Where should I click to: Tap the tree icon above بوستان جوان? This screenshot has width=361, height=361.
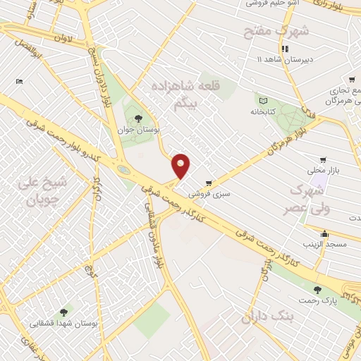[x=137, y=118]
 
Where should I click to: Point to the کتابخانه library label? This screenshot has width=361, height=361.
[x=262, y=111]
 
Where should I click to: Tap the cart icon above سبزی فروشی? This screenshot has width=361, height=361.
[x=208, y=183]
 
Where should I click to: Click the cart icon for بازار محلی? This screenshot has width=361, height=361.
[x=323, y=161]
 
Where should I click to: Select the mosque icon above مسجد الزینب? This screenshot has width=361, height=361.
[x=324, y=234]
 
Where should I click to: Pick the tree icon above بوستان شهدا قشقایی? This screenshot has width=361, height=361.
[x=64, y=311]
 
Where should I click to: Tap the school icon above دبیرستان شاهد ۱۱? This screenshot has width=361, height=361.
[x=284, y=49]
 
